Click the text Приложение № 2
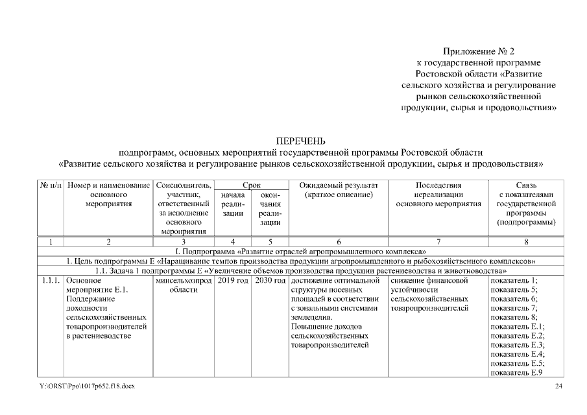click(x=479, y=51)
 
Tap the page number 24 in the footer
click(x=559, y=386)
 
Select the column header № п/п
click(x=51, y=185)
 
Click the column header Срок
click(x=251, y=185)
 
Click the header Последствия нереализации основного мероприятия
click(x=438, y=195)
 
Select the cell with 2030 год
click(x=270, y=280)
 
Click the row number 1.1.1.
click(x=51, y=280)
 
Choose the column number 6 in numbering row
click(x=337, y=242)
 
